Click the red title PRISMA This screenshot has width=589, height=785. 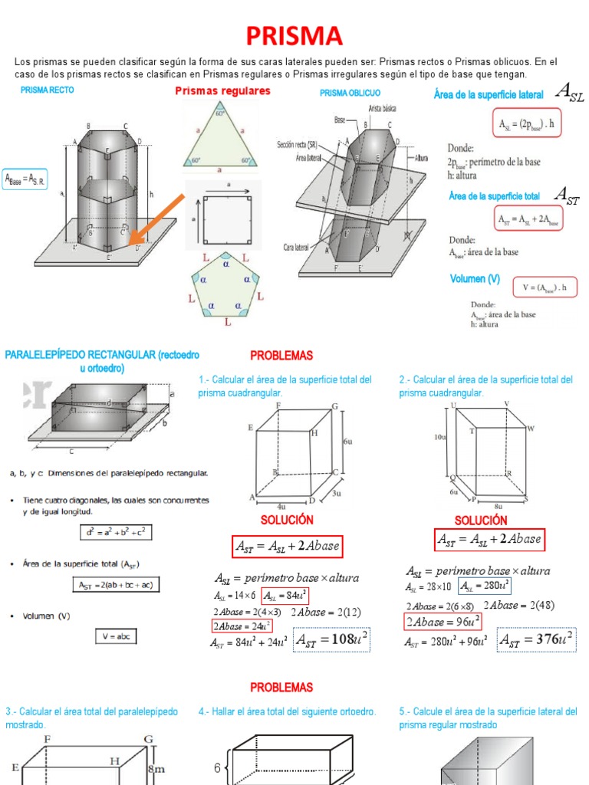click(294, 35)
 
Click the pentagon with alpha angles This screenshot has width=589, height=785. click(227, 283)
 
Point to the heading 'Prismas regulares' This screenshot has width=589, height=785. click(222, 91)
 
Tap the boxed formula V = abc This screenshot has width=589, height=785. click(116, 636)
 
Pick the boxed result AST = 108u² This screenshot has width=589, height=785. click(332, 639)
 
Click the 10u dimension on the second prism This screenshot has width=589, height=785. click(440, 437)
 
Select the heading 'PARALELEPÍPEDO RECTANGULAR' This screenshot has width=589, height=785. click(102, 355)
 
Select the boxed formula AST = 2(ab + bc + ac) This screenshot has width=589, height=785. click(116, 584)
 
